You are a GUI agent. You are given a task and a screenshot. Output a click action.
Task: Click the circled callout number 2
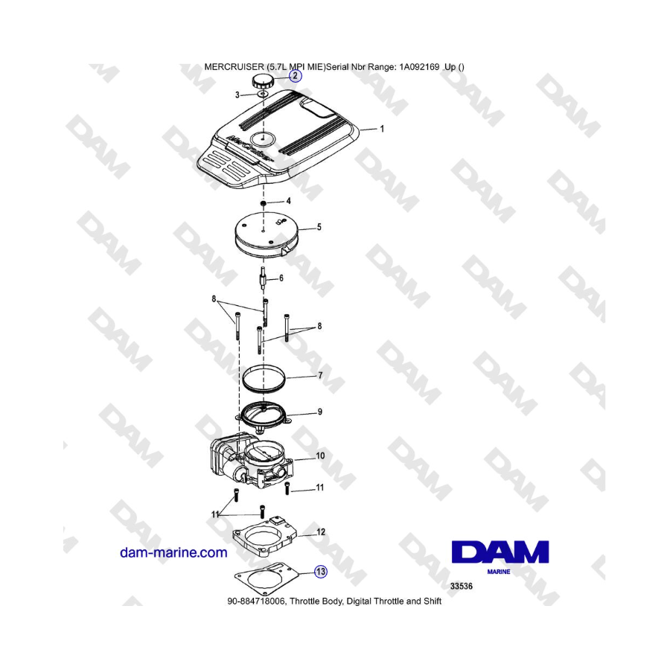(x=296, y=77)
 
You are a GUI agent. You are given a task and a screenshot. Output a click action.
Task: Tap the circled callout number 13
(x=321, y=571)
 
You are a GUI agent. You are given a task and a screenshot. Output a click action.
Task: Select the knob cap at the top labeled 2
(x=261, y=80)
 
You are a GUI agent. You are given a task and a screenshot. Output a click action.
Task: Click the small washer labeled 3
(x=262, y=95)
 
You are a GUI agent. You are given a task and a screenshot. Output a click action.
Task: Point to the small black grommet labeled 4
(x=264, y=202)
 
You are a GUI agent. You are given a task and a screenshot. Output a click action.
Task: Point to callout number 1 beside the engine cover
(x=382, y=129)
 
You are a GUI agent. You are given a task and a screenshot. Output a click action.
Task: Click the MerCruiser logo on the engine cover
(x=249, y=148)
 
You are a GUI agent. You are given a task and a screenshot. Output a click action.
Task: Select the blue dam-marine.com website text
(x=173, y=552)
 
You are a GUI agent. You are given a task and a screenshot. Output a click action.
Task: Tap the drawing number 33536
(x=462, y=587)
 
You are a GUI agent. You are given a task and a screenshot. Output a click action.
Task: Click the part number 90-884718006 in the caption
(x=256, y=602)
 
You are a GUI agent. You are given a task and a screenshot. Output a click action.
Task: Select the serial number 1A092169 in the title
(x=419, y=67)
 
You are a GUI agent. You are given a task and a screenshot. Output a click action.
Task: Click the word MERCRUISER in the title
(x=234, y=67)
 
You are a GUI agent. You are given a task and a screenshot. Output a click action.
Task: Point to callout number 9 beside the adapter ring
(x=319, y=412)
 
